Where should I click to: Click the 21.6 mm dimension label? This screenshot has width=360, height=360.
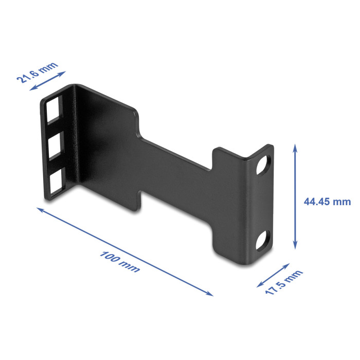click(x=37, y=72)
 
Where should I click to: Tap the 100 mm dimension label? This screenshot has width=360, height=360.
click(x=120, y=262)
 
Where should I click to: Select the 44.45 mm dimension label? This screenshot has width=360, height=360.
click(x=327, y=202)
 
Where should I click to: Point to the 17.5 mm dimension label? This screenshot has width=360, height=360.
click(x=284, y=282)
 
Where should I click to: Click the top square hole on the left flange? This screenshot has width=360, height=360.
click(x=54, y=109)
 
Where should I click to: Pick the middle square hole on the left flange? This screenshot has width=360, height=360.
click(x=56, y=146)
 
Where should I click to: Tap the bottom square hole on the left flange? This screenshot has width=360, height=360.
click(x=58, y=182)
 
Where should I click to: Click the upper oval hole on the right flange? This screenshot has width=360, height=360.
click(x=263, y=166)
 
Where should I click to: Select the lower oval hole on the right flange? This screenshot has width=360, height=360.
click(x=263, y=241)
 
